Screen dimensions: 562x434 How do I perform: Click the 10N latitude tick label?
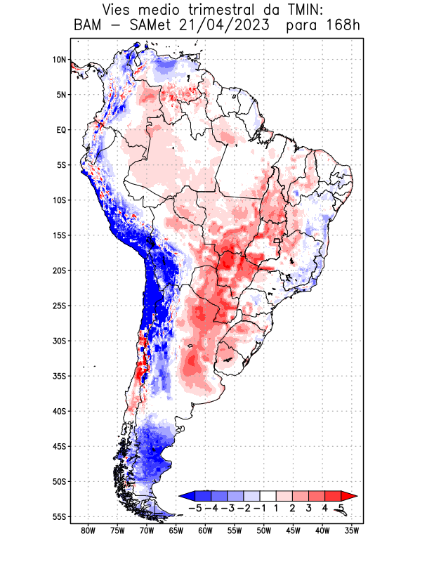tap(59, 60)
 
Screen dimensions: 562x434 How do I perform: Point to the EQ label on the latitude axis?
tap(61, 130)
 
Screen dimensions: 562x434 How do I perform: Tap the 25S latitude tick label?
tap(59, 306)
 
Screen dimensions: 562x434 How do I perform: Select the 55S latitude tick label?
tap(59, 516)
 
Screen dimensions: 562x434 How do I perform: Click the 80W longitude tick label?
tap(88, 531)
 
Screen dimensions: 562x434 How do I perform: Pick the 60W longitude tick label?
tap(205, 531)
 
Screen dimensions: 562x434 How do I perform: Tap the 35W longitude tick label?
tap(351, 531)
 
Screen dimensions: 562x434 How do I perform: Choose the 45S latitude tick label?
tap(59, 446)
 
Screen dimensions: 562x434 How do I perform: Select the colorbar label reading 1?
tap(277, 508)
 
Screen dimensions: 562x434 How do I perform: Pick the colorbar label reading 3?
tap(309, 508)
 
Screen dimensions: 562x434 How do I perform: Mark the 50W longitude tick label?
tap(263, 531)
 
